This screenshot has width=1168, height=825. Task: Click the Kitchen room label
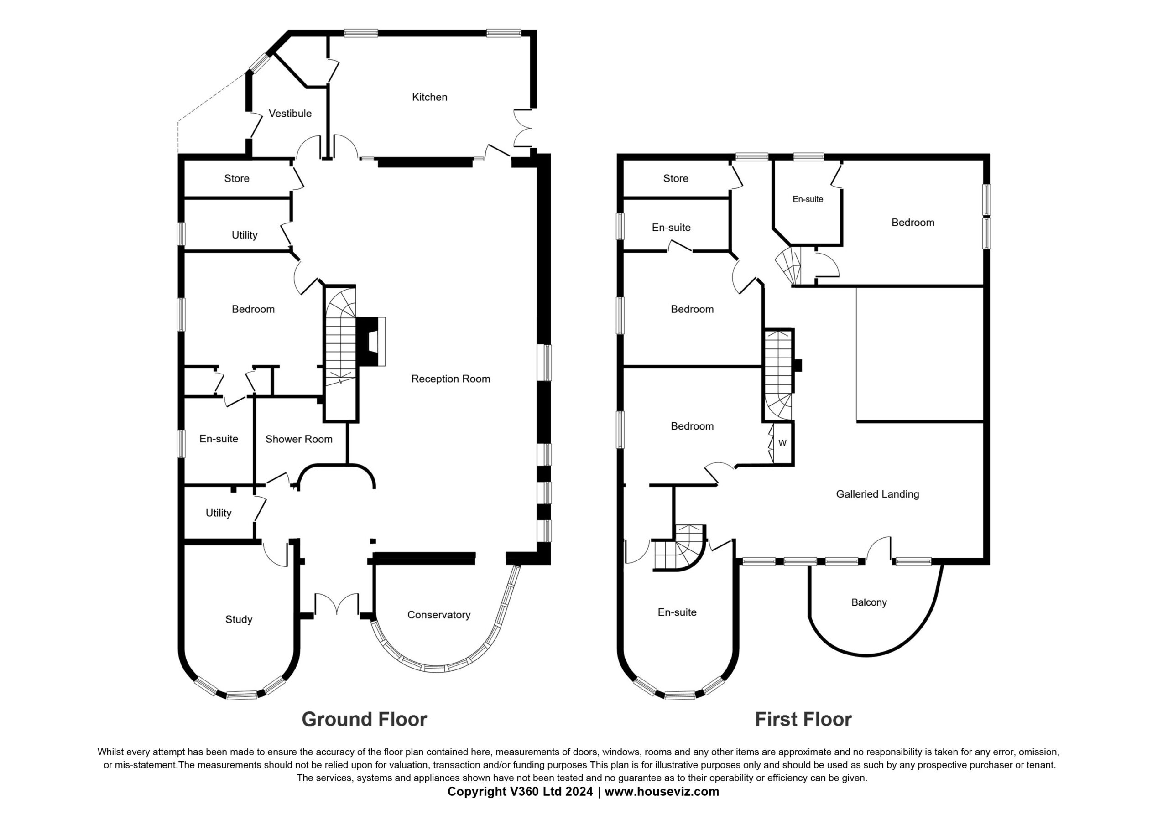(x=429, y=97)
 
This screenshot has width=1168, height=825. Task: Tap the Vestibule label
(x=290, y=114)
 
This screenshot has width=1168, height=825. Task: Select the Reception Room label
(x=451, y=379)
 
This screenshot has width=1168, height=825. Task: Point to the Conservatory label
(x=438, y=615)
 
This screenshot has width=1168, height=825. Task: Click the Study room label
(x=239, y=619)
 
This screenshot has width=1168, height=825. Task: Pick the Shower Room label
(x=298, y=440)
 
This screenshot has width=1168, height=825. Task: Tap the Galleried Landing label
(x=877, y=494)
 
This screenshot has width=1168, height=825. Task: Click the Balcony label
(x=869, y=603)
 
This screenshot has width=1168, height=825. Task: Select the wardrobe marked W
(x=782, y=443)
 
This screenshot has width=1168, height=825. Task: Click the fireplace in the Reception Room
(x=370, y=341)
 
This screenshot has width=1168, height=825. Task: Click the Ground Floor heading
(x=364, y=719)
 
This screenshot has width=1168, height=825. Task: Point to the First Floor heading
(x=803, y=719)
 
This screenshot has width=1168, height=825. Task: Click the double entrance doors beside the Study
(x=337, y=603)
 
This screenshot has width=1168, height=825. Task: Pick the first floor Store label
(x=676, y=178)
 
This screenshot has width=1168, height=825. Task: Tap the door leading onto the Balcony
(x=879, y=550)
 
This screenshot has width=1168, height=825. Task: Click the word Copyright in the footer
(x=478, y=792)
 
